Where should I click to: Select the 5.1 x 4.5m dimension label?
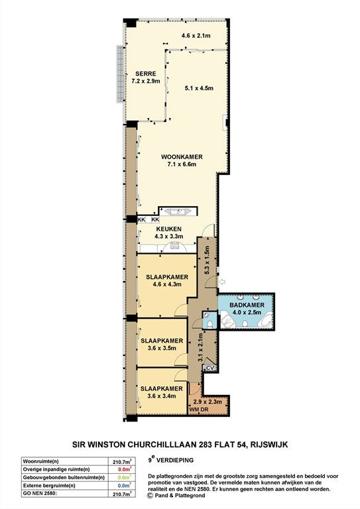click(x=199, y=87)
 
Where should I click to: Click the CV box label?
click(x=210, y=367)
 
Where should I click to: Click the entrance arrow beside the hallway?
click(x=223, y=282)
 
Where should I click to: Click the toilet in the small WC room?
click(x=210, y=323)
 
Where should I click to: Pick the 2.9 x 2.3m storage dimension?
click(x=208, y=402)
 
